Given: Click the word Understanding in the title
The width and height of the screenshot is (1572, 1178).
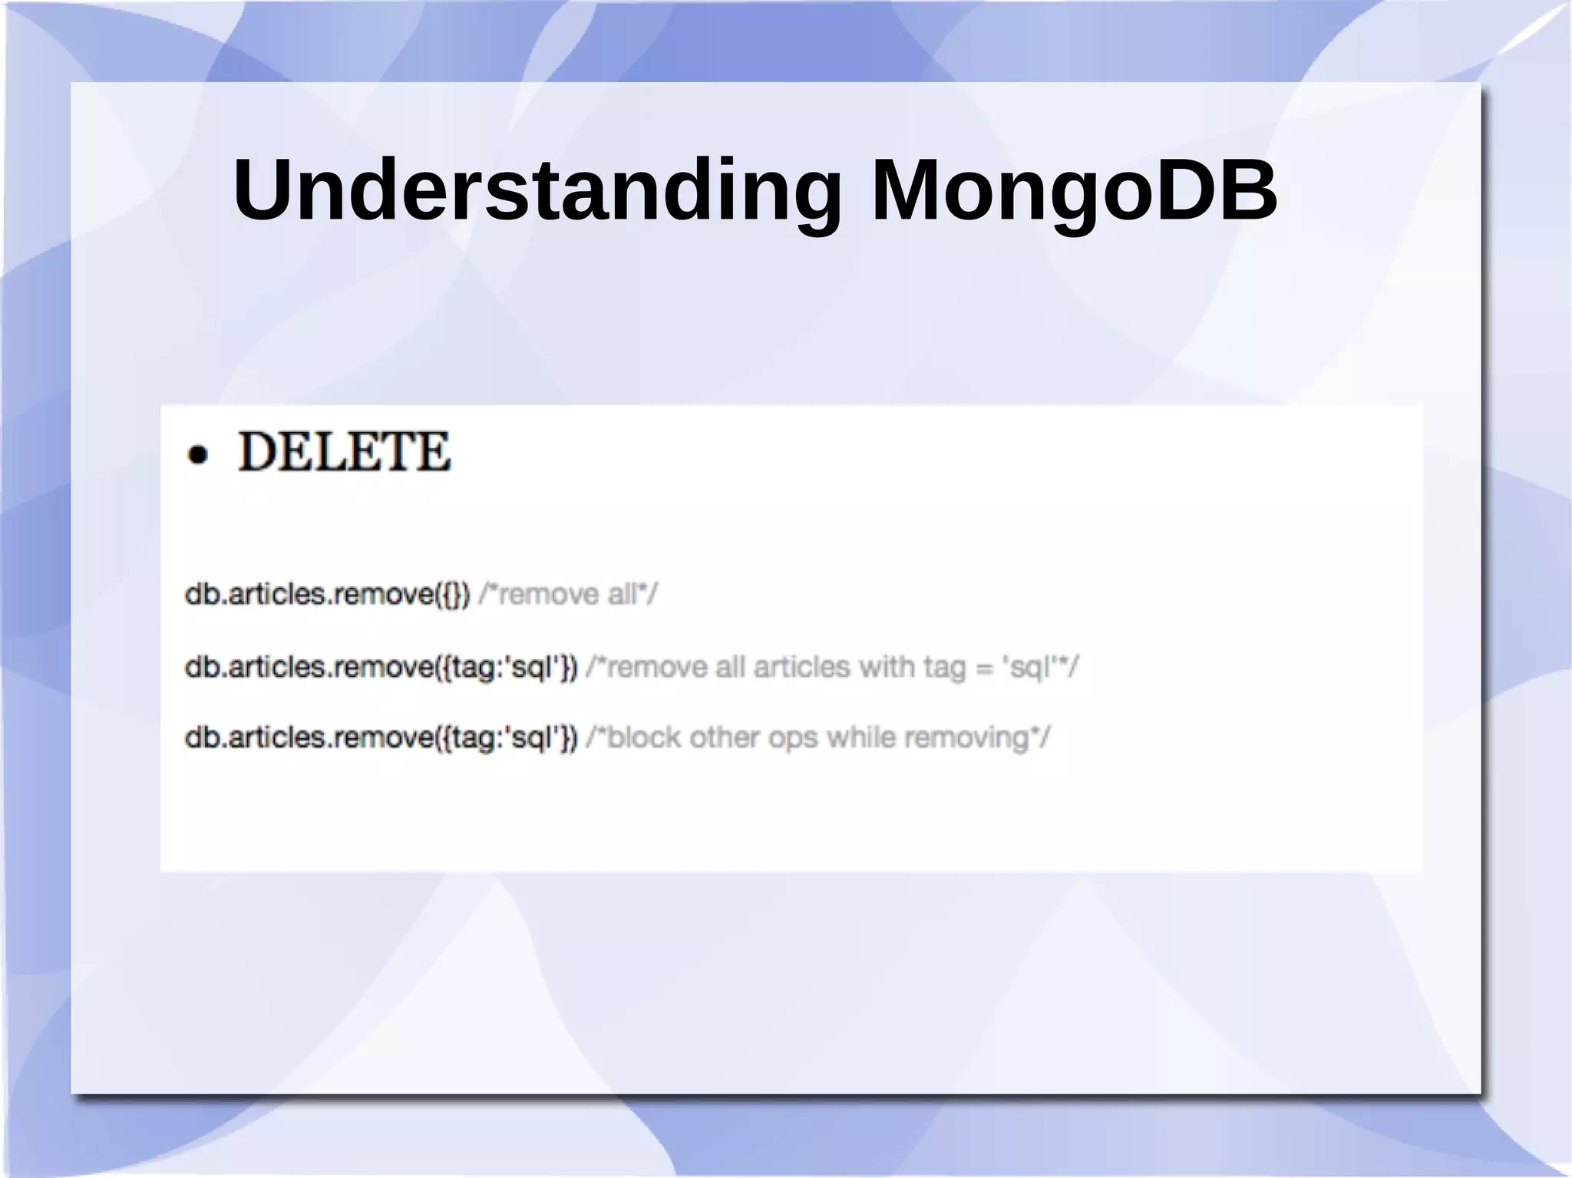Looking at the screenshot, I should click(537, 190).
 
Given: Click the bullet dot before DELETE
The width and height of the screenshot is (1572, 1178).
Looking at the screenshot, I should click(198, 455).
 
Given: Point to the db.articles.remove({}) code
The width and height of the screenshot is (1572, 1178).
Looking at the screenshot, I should click(327, 594).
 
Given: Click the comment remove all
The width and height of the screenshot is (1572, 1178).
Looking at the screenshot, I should click(568, 594).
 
